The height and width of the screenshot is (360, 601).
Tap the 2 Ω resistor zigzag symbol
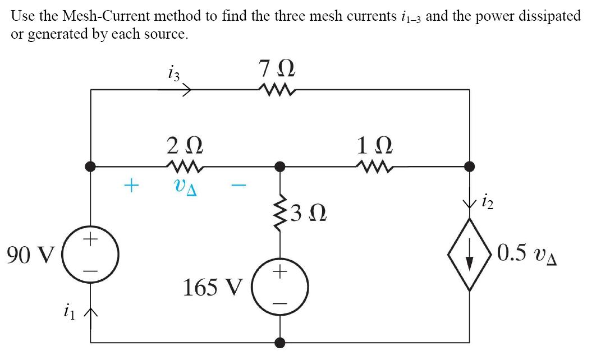(183, 165)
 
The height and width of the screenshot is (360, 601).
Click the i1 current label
(69, 309)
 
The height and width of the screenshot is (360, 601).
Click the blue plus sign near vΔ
(130, 184)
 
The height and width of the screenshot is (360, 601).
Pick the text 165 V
(213, 288)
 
